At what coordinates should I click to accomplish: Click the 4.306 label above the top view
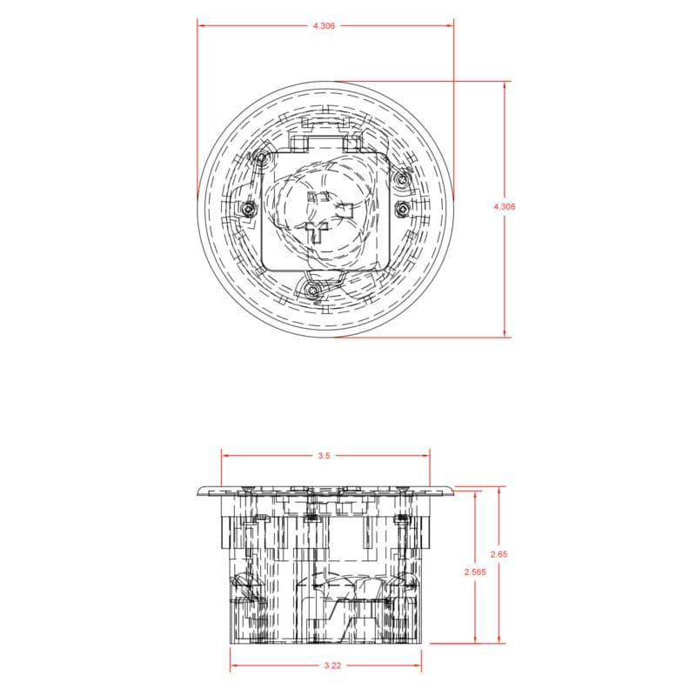[324, 26]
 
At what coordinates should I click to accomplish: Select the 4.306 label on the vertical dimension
[505, 206]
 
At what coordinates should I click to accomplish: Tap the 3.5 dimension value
[324, 455]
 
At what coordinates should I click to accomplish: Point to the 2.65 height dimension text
[499, 554]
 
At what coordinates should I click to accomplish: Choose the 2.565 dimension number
[475, 572]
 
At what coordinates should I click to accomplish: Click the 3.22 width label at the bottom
[332, 666]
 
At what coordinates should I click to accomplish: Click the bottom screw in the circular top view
[313, 290]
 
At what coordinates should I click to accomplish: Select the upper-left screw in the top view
[261, 157]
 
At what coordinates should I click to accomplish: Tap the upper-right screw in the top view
[402, 179]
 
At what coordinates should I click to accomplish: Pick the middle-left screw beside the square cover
[249, 208]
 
